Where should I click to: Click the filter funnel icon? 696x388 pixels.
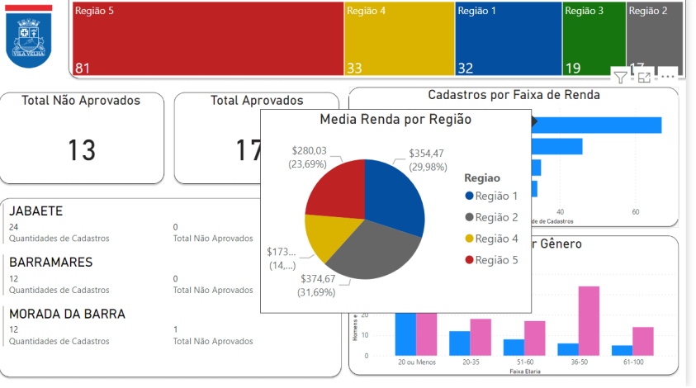(x=620, y=78)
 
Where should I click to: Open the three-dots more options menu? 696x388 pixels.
(x=668, y=77)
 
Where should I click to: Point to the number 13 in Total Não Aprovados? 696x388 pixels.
(x=82, y=150)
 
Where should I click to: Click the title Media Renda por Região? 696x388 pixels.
(x=395, y=120)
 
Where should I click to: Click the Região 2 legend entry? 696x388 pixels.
(x=496, y=217)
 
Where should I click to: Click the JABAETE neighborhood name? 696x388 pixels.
(x=36, y=211)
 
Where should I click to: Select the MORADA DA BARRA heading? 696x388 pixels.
(x=67, y=314)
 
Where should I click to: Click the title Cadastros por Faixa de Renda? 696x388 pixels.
(x=514, y=95)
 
